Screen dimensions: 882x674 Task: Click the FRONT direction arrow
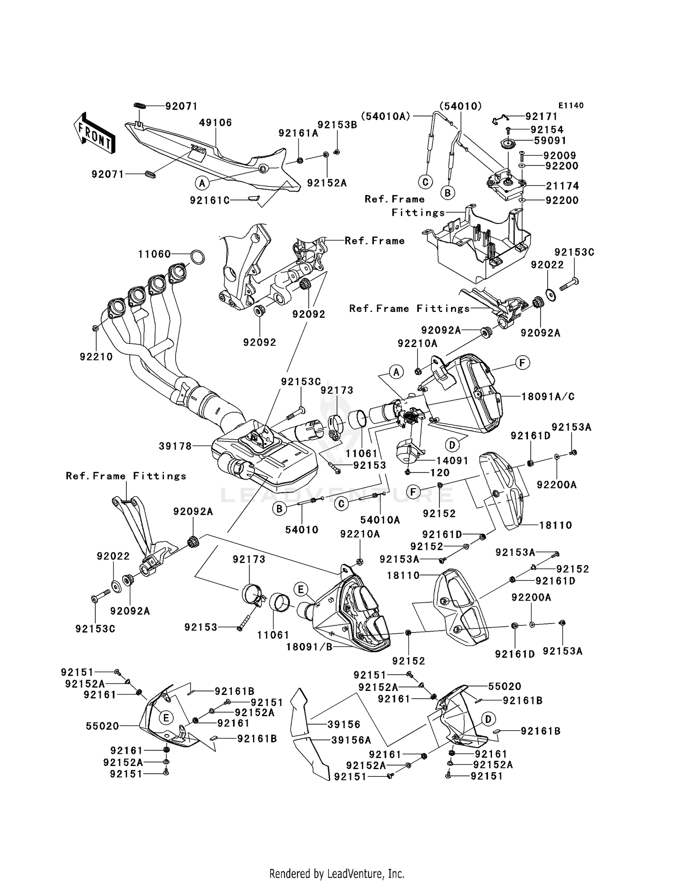click(x=94, y=134)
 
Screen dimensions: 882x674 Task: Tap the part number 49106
click(x=215, y=123)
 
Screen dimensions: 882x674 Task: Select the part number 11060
click(x=154, y=254)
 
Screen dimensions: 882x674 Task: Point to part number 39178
click(x=175, y=446)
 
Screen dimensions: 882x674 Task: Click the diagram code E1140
click(x=571, y=106)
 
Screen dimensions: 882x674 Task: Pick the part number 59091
click(x=550, y=141)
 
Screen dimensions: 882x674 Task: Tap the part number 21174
click(x=562, y=186)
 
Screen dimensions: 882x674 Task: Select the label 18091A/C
click(x=548, y=397)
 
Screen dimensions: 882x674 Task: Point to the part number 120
click(x=440, y=472)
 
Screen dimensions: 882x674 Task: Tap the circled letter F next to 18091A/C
click(x=523, y=363)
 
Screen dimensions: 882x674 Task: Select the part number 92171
click(x=541, y=117)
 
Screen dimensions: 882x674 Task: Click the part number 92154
click(x=547, y=130)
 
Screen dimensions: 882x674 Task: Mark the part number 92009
click(x=559, y=156)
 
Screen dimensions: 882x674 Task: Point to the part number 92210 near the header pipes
click(x=96, y=357)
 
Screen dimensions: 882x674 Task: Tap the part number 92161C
click(x=210, y=200)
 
